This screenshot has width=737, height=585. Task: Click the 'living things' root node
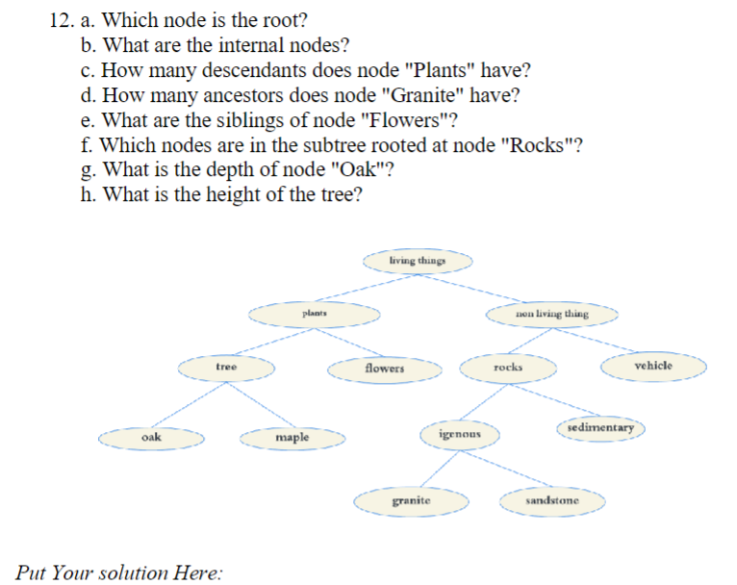pyautogui.click(x=418, y=261)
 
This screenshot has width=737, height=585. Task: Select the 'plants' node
pyautogui.click(x=314, y=314)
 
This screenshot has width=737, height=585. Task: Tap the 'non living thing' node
pyautogui.click(x=551, y=314)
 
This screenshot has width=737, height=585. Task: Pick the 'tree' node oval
pyautogui.click(x=226, y=368)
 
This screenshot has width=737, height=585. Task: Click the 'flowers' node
pyautogui.click(x=385, y=369)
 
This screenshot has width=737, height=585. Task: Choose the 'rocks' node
pyautogui.click(x=508, y=368)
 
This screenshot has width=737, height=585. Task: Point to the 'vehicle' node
pyautogui.click(x=654, y=367)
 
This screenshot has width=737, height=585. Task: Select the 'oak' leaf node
pyautogui.click(x=152, y=438)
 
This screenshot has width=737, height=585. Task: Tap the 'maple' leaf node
pyautogui.click(x=292, y=438)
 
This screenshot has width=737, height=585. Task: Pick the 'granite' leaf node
pyautogui.click(x=412, y=501)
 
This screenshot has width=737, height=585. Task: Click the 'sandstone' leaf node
pyautogui.click(x=552, y=501)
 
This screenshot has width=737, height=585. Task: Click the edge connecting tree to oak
pyautogui.click(x=189, y=403)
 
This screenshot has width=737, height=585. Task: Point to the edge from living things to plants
pyautogui.click(x=366, y=287)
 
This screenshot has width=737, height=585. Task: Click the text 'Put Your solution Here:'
pyautogui.click(x=118, y=572)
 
